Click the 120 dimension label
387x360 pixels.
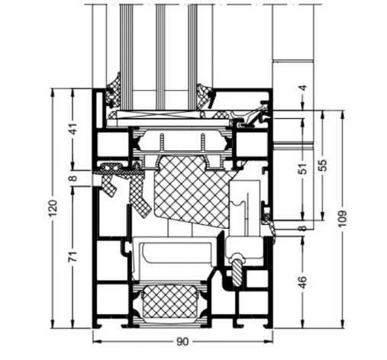(53, 208)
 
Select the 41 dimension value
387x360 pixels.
(73, 129)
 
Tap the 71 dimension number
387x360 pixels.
(73, 256)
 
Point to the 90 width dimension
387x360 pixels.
(182, 342)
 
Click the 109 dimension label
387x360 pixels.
(343, 219)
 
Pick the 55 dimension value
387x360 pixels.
(323, 166)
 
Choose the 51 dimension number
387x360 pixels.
(302, 168)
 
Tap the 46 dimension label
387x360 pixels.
(302, 282)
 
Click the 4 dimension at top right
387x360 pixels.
(302, 88)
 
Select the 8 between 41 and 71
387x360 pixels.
(73, 178)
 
